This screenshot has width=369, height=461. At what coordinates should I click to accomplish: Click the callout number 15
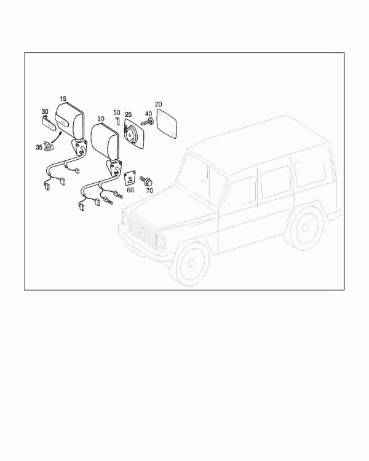coord(63,99)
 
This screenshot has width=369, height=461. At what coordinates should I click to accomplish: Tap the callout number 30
coord(45,112)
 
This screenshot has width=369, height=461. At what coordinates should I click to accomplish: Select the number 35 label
coord(39,148)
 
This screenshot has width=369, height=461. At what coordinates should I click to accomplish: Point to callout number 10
coord(101,119)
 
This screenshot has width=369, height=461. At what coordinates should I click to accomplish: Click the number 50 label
coord(117,112)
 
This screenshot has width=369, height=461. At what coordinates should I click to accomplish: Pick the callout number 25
coord(129,115)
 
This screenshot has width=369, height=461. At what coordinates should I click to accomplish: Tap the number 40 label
coord(148,114)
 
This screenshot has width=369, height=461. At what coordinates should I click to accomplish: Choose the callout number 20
coord(158,104)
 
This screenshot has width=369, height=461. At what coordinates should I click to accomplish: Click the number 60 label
coord(130,190)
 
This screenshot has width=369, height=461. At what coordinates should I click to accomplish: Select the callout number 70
coord(149,191)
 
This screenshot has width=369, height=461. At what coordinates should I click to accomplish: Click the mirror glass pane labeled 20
coord(167,124)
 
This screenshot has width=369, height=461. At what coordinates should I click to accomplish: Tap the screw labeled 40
coord(148,122)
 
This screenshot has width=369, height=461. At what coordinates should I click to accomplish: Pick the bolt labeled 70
coord(146,181)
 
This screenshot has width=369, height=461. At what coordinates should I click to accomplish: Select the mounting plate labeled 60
coord(130,178)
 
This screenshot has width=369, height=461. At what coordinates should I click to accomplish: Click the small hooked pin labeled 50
coord(117,120)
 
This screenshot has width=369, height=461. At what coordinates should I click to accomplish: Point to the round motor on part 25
coord(131,133)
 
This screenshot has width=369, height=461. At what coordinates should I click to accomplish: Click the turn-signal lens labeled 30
coord(48,123)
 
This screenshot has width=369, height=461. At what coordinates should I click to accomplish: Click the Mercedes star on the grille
coord(143,232)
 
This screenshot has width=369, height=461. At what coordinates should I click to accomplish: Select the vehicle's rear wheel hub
coord(305,227)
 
